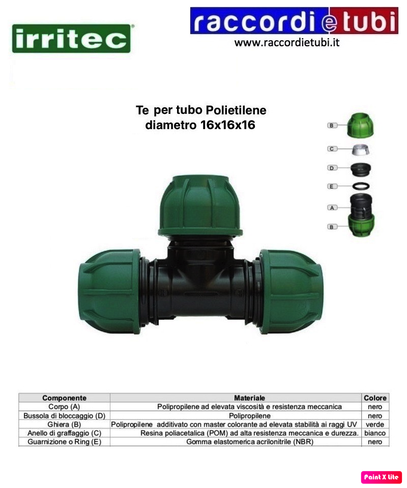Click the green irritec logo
tap(71, 39)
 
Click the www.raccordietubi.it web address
tap(287, 42)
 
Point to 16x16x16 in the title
tap(227, 125)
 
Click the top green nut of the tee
tap(200, 205)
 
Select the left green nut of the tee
tap(109, 291)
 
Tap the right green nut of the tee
tap(292, 291)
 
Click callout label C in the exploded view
tap(332, 149)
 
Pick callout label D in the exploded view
tap(332, 168)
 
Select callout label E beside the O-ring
tap(332, 187)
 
